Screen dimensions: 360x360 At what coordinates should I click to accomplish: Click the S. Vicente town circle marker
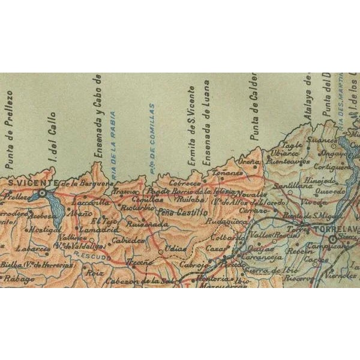click(42, 193)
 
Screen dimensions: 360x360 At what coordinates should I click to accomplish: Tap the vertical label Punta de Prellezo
click(9, 130)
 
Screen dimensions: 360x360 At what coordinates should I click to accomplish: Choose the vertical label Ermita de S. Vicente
click(191, 127)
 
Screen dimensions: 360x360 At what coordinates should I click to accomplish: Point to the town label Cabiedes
click(127, 240)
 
